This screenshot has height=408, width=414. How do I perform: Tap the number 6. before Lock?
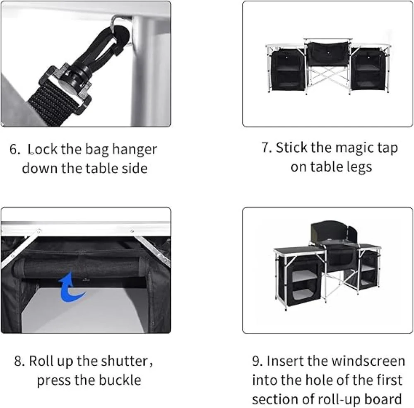point(14,149)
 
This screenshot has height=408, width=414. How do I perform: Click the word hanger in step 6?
point(135,150)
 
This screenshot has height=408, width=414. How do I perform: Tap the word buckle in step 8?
point(120,380)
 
